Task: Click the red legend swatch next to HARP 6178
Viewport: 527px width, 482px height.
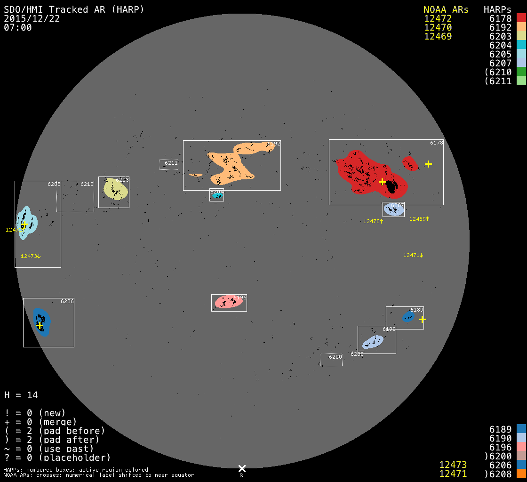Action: (521, 18)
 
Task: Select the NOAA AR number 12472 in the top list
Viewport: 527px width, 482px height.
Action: (438, 19)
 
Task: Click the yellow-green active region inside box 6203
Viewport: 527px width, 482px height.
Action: (115, 190)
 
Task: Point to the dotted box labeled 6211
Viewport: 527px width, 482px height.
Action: (168, 164)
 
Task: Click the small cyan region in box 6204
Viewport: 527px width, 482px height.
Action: (217, 196)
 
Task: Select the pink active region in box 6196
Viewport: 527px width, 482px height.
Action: (229, 302)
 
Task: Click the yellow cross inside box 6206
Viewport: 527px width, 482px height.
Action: (40, 325)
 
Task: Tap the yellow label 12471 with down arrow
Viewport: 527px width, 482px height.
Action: (413, 255)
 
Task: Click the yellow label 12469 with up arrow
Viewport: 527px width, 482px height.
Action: (419, 219)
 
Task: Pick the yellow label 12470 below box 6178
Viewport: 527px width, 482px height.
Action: (373, 221)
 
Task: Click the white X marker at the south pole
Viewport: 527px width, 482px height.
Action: (242, 468)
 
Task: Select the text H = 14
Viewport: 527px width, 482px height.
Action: (21, 395)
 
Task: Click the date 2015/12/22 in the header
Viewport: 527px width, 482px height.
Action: (32, 19)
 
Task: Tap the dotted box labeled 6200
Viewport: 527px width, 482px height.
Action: (331, 360)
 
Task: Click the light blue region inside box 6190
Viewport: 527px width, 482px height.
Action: (373, 342)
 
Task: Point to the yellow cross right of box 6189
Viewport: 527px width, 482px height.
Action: (422, 319)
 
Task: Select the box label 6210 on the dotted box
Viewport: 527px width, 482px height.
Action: (87, 184)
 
